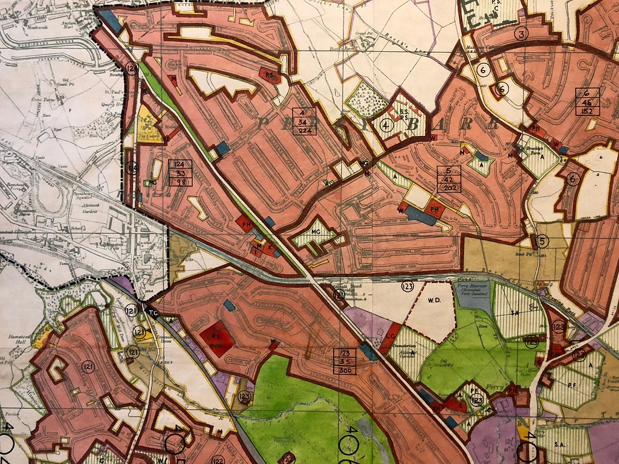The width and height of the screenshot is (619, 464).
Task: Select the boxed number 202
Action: click(x=450, y=188)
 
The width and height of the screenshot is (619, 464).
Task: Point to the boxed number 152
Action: click(x=588, y=111)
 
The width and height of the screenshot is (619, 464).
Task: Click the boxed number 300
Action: click(x=345, y=370)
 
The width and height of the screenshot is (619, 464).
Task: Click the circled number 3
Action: click(x=520, y=34)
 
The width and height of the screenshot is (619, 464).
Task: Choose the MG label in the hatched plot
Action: click(x=315, y=231)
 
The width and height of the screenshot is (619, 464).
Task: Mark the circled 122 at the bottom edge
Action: click(x=218, y=460)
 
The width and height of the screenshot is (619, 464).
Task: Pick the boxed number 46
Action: click(x=588, y=102)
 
